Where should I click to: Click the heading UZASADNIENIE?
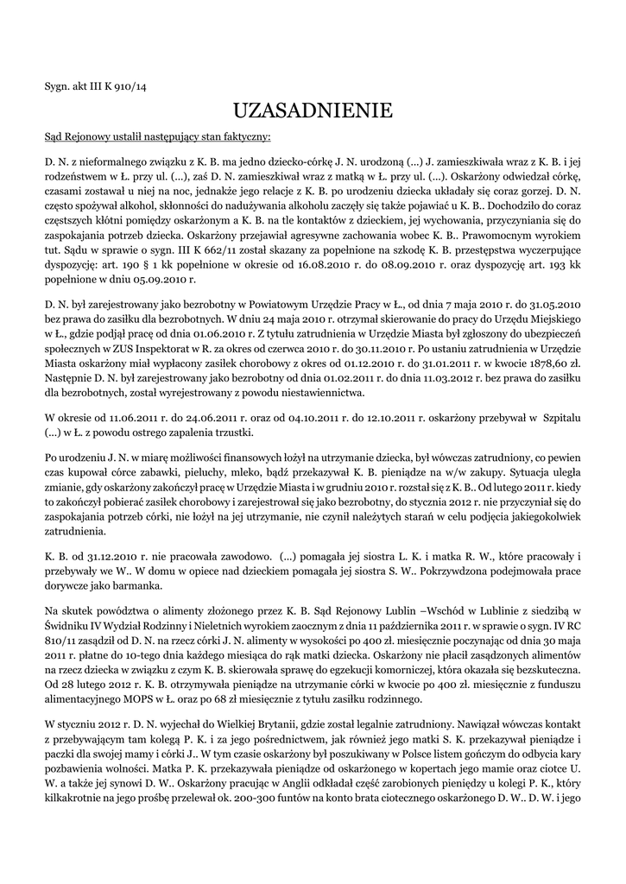[313, 110]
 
